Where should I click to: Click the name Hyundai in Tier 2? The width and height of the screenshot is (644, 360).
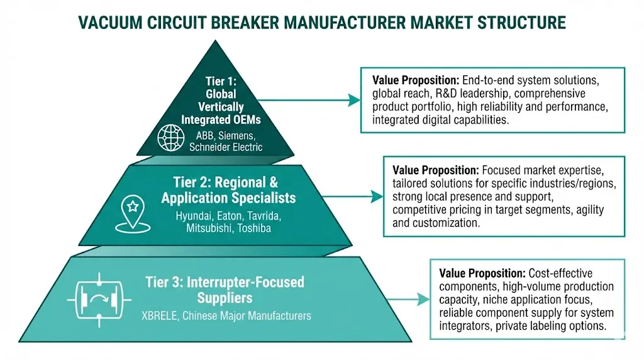192,217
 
